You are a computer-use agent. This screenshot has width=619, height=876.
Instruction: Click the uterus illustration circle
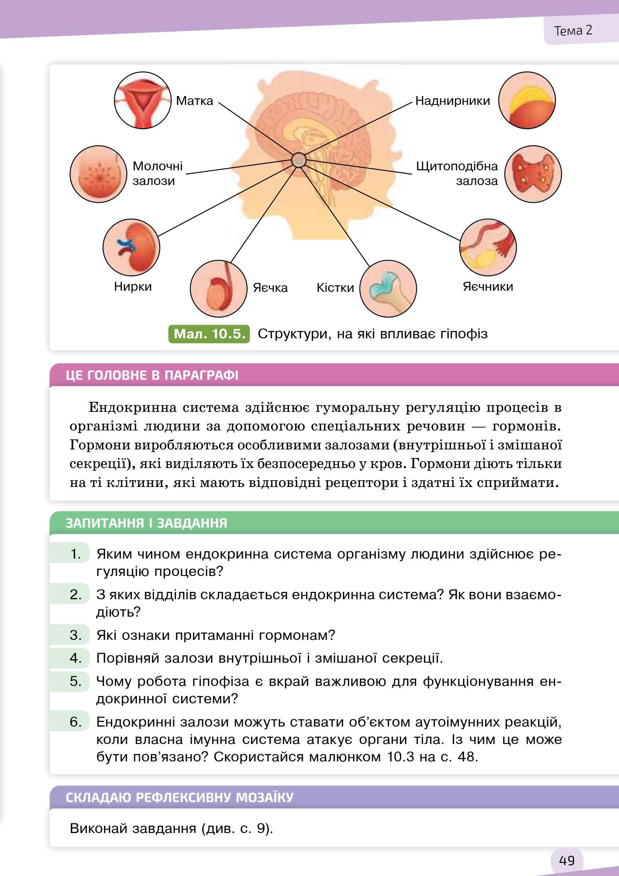coord(142,100)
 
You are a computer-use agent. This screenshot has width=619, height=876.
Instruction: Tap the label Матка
coord(194,101)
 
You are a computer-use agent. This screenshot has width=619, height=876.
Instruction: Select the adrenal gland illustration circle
coord(527,100)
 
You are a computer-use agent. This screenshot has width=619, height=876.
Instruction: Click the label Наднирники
coord(452,101)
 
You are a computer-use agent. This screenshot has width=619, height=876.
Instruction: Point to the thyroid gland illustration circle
coord(533,174)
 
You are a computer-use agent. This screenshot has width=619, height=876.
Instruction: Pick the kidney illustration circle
coord(131,247)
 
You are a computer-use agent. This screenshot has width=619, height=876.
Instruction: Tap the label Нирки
coord(133,286)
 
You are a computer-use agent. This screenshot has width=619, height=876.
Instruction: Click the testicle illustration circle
coord(219,288)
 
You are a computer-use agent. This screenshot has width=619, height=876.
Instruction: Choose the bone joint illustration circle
coord(388,288)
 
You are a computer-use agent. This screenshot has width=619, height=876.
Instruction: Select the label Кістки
coord(335,288)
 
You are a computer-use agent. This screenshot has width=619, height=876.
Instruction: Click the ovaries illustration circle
coord(488,247)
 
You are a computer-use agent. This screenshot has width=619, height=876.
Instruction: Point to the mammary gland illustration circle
coord(98,174)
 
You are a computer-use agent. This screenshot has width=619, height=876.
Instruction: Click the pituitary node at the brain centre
coord(298,160)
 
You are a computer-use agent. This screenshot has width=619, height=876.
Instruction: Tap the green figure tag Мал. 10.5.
coord(209,334)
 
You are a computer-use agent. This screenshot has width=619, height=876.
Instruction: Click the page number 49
coord(566,861)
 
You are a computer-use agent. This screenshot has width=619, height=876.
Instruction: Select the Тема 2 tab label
coord(573,30)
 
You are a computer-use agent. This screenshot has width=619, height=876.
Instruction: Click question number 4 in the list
coord(75,658)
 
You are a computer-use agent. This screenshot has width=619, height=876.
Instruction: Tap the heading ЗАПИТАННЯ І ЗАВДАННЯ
coord(146,523)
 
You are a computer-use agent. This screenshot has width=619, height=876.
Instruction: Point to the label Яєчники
coord(487,286)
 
